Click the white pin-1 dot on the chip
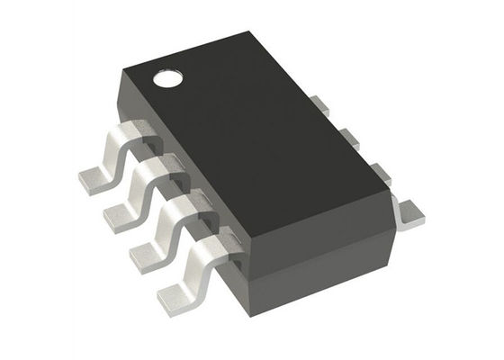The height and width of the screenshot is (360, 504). coord(168,78)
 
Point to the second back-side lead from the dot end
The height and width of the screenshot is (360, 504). coord(348,135)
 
